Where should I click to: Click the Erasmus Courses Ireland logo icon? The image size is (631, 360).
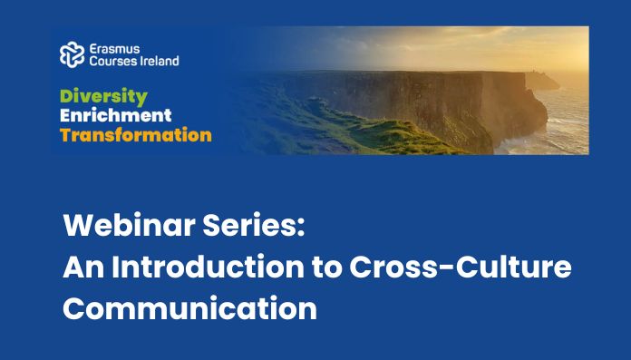pyautogui.click(x=72, y=54)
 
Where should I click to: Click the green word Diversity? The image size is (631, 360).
pyautogui.click(x=103, y=97)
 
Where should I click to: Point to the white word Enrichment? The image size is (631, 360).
pyautogui.click(x=115, y=115)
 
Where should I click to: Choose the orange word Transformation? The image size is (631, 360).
pyautogui.click(x=136, y=135)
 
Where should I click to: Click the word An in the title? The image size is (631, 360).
pyautogui.click(x=83, y=267)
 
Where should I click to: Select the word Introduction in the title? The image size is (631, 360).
pyautogui.click(x=208, y=267)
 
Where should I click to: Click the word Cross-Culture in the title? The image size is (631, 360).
pyautogui.click(x=461, y=267)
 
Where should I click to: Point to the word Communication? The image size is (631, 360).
pyautogui.click(x=190, y=308)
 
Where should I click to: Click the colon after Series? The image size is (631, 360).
pyautogui.click(x=301, y=229)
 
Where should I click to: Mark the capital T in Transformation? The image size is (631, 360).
pyautogui.click(x=65, y=135)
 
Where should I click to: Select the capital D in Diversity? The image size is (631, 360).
pyautogui.click(x=66, y=96)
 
